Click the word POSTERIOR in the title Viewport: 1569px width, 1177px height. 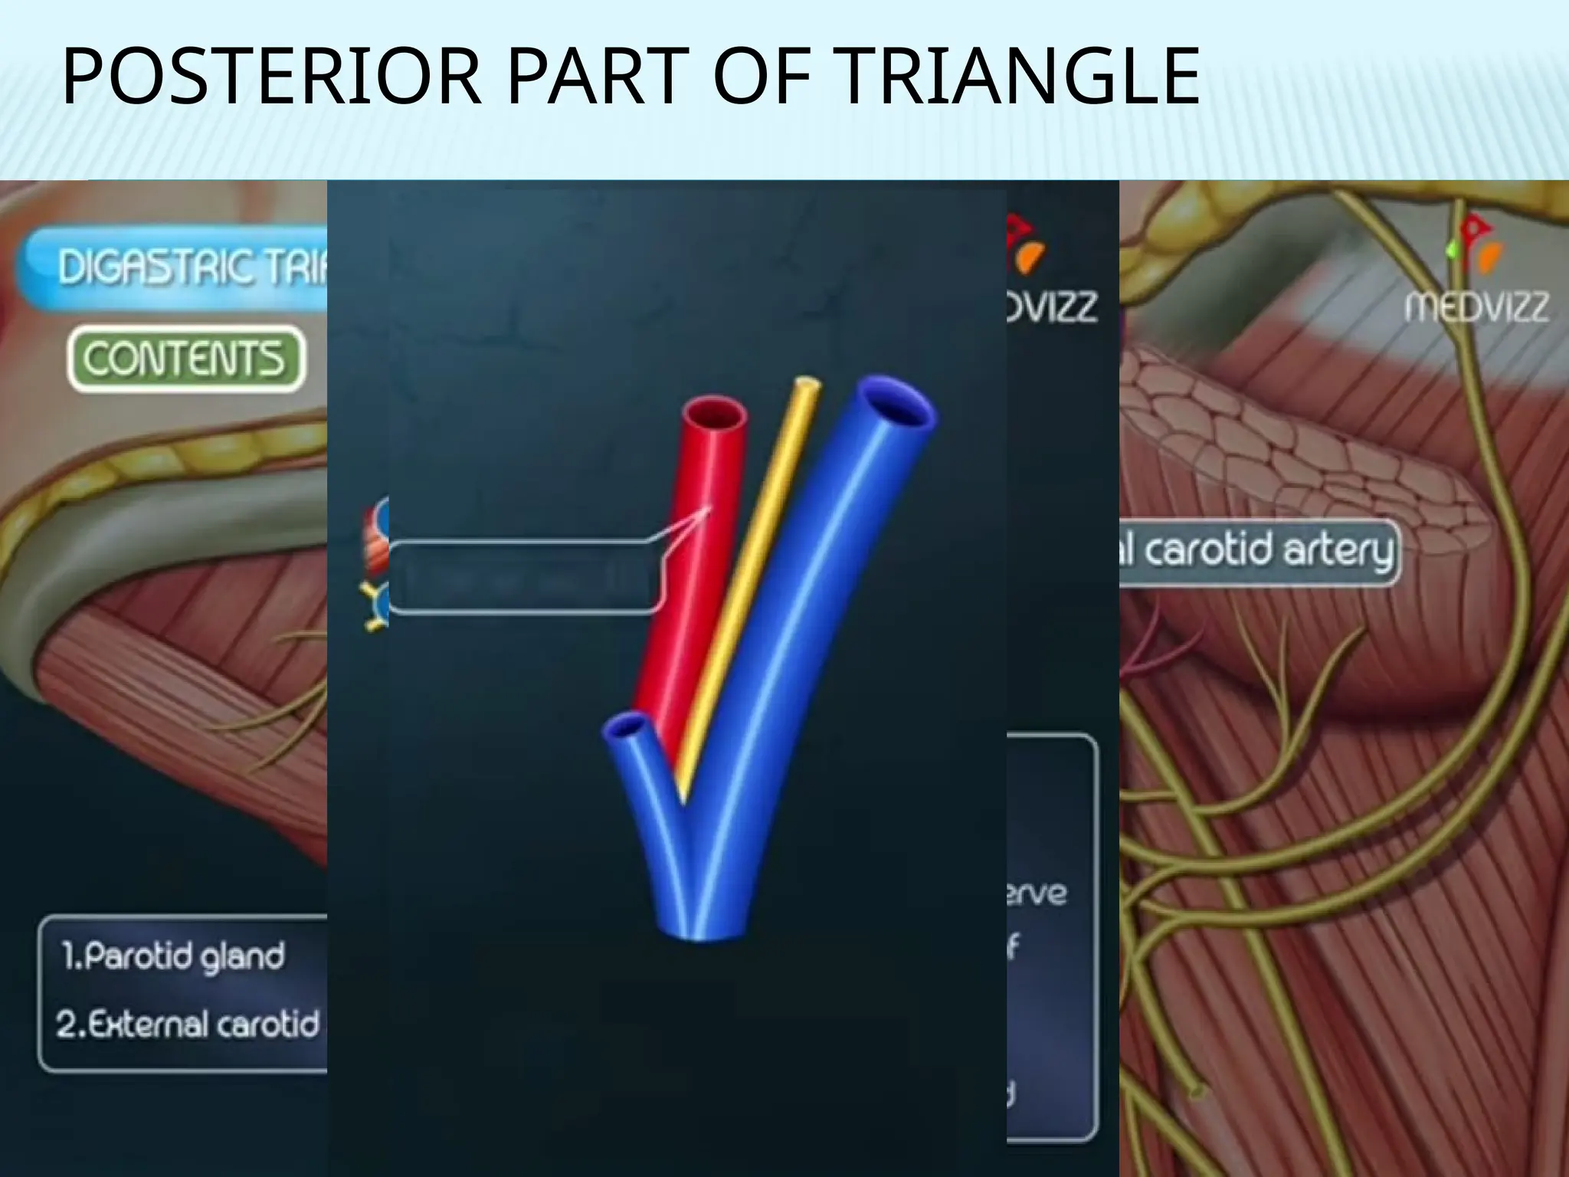click(272, 77)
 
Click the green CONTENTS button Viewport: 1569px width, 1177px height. click(186, 359)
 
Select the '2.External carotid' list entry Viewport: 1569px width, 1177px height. click(188, 1025)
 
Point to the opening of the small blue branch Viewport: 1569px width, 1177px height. click(631, 725)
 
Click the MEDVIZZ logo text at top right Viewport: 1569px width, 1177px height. click(1476, 307)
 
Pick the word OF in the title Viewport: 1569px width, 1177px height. click(762, 77)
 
